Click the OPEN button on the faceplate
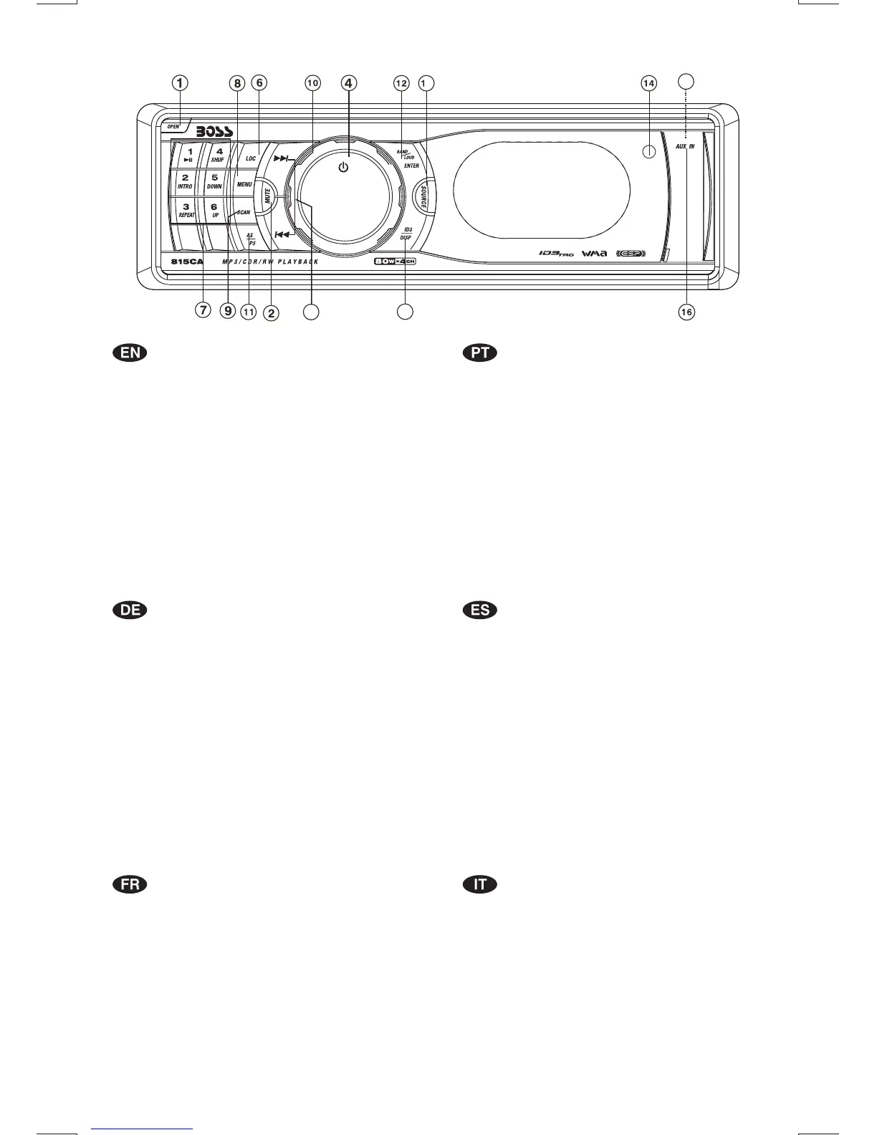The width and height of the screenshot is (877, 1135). pos(173,127)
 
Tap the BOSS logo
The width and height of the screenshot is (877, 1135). pos(207,133)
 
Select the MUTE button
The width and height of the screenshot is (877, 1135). pos(267,196)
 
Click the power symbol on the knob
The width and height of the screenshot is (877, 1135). pos(343,168)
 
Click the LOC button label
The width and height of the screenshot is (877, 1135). pos(251,158)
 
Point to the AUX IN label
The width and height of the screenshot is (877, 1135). pos(685,146)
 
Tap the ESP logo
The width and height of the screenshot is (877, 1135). pos(631,253)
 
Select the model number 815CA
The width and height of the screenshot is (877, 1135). pos(186,262)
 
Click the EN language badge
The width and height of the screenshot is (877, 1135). pos(130,353)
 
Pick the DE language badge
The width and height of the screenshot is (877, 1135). pos(130,610)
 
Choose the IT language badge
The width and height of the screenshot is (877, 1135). pos(480,884)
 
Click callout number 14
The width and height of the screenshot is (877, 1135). pos(648,84)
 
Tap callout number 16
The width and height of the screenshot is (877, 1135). pos(686,312)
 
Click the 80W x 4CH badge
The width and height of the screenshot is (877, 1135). pos(394,262)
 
